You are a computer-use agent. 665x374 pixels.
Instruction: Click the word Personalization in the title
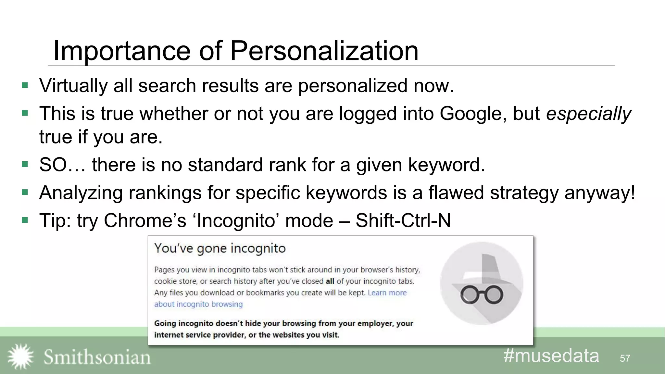tap(324, 51)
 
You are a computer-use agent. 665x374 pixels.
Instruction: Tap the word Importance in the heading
tap(122, 51)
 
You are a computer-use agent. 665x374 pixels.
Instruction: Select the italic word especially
tap(588, 114)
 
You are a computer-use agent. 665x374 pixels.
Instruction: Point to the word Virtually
tap(73, 86)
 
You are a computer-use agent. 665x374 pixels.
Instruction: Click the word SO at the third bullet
tap(53, 165)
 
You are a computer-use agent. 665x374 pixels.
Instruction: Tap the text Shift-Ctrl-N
tap(403, 220)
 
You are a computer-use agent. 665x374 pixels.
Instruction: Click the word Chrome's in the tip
tap(145, 220)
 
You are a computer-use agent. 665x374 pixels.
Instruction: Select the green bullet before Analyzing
tap(25, 192)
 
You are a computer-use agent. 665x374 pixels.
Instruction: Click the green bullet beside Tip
tap(25, 220)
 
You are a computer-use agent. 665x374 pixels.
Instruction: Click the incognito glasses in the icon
tap(482, 295)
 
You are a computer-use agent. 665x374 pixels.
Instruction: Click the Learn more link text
tap(387, 293)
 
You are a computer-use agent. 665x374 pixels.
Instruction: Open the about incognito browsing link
tap(198, 304)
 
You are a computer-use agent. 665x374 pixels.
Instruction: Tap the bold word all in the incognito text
tap(330, 281)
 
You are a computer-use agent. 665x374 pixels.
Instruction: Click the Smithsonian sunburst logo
tap(20, 356)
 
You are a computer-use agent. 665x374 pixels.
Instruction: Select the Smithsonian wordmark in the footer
tap(97, 357)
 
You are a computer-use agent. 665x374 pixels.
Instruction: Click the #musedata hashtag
tap(551, 356)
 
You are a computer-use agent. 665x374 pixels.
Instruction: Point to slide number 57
tap(625, 358)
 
